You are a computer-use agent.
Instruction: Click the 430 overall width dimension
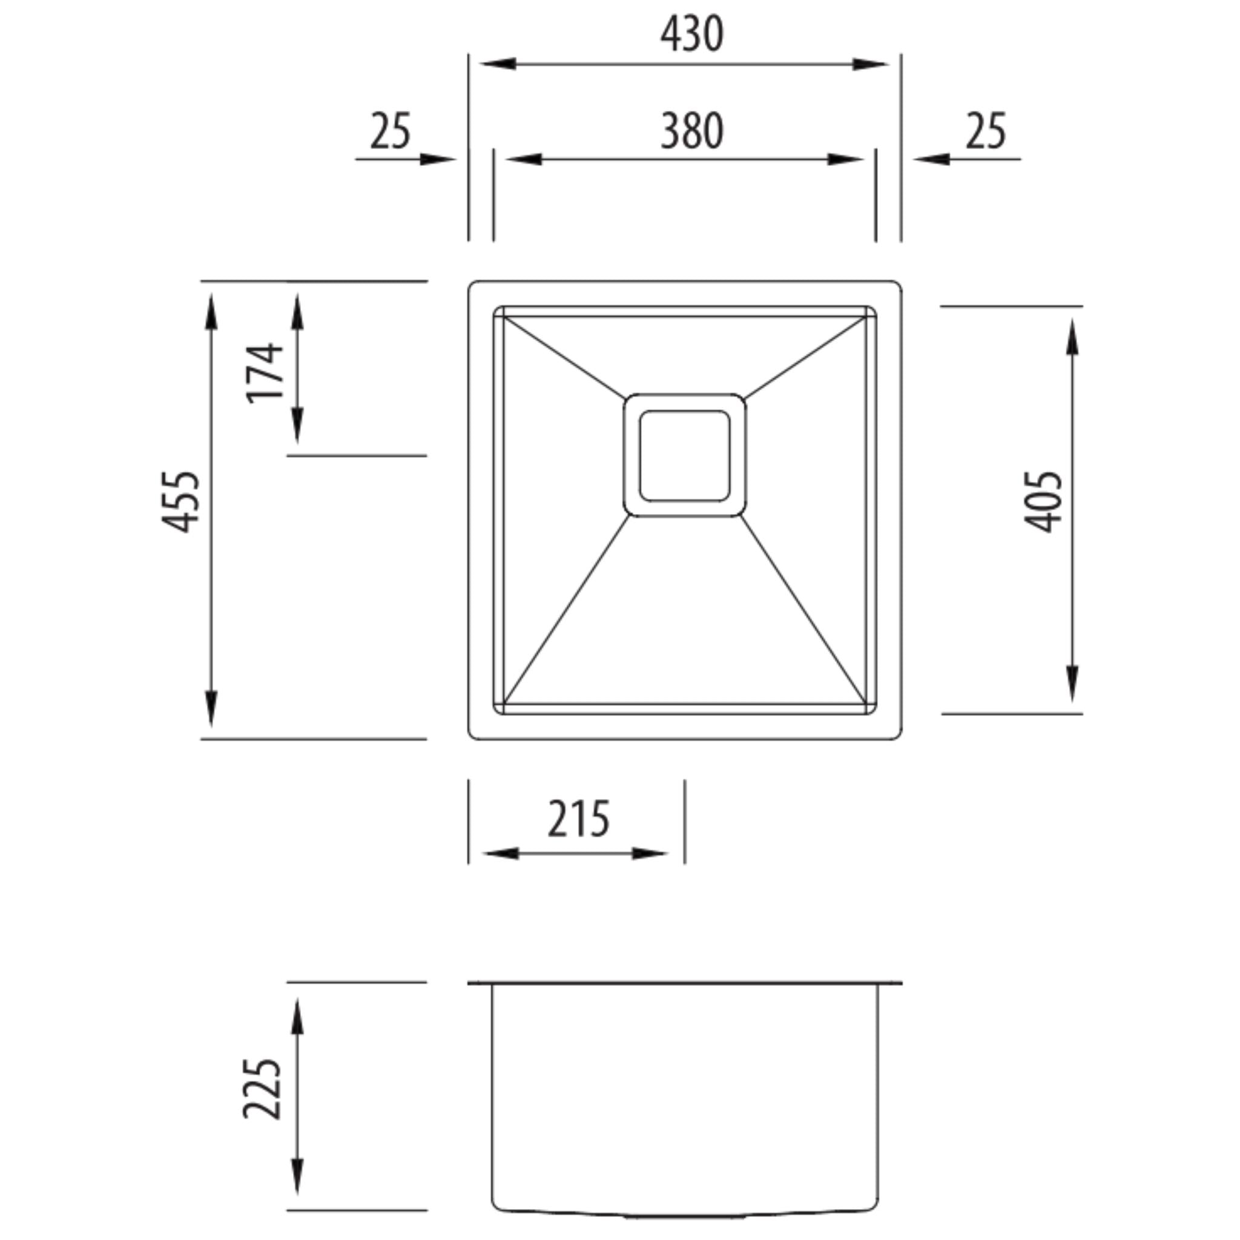692,35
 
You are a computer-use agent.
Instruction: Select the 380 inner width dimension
692,131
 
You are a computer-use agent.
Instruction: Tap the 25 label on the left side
389,131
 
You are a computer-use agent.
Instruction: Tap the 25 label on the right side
986,131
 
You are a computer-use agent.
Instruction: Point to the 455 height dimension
181,502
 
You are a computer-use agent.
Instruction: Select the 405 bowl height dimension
1043,502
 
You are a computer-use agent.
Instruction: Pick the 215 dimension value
578,820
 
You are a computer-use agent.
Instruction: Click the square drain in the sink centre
684,455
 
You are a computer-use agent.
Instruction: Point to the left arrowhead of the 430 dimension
498,64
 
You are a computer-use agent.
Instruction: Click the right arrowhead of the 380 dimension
845,159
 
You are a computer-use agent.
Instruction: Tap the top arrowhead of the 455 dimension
212,311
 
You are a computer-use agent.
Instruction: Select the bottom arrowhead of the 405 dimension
1072,684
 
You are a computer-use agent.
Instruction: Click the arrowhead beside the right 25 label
931,159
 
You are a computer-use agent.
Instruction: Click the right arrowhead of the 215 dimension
650,854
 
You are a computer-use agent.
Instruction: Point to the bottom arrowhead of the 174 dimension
297,426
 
